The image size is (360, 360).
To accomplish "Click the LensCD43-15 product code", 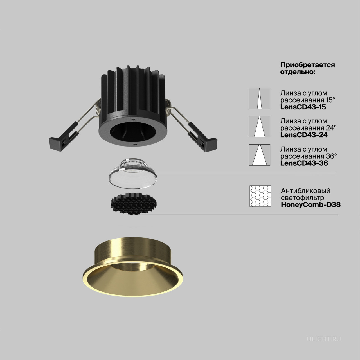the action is pyautogui.click(x=303, y=107).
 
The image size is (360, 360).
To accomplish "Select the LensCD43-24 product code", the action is pyautogui.click(x=304, y=135).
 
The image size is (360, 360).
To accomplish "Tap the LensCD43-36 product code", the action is pyautogui.click(x=304, y=163).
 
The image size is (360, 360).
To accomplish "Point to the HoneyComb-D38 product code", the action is pyautogui.click(x=311, y=205).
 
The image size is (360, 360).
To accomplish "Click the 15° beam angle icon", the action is pyautogui.click(x=260, y=98).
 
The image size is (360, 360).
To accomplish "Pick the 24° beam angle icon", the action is pyautogui.click(x=260, y=127).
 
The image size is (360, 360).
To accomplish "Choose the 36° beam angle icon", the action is pyautogui.click(x=260, y=155).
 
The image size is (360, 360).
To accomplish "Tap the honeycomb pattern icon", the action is pyautogui.click(x=260, y=196).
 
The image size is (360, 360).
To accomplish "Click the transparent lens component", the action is pyautogui.click(x=133, y=173).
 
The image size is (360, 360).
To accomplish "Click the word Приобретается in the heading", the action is pyautogui.click(x=308, y=65).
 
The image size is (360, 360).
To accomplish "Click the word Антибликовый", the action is pyautogui.click(x=306, y=191).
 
